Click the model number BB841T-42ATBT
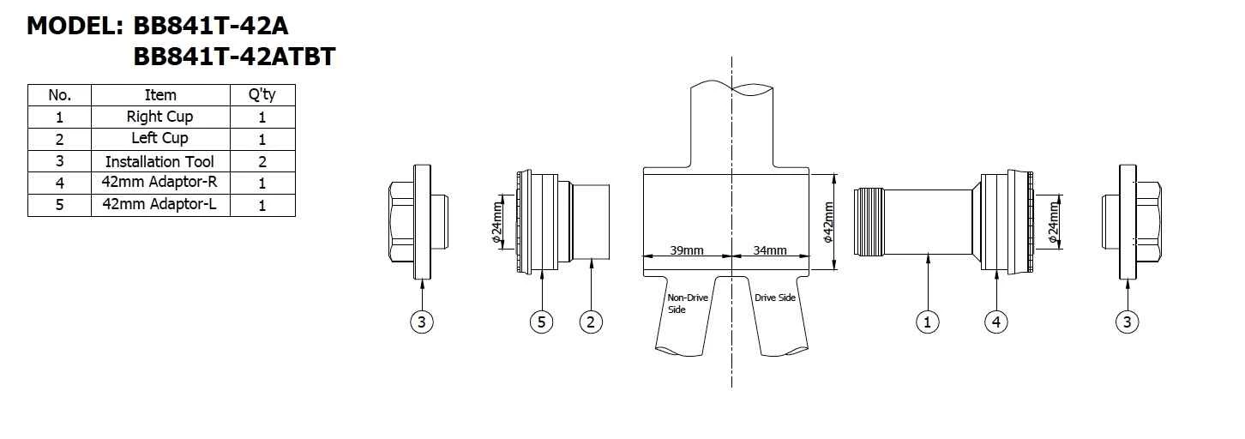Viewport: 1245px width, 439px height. pyautogui.click(x=234, y=57)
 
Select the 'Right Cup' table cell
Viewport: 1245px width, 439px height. pyautogui.click(x=160, y=117)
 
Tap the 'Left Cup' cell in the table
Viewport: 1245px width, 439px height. pyautogui.click(x=160, y=138)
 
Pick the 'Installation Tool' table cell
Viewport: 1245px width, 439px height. pyautogui.click(x=160, y=161)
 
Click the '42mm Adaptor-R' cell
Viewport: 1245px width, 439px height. pyautogui.click(x=160, y=183)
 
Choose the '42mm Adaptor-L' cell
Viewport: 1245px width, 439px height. pyautogui.click(x=160, y=205)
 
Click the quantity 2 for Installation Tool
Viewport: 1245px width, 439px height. pyautogui.click(x=262, y=162)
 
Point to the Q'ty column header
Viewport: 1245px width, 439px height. pyautogui.click(x=262, y=95)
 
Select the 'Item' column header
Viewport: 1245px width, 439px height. pyautogui.click(x=160, y=95)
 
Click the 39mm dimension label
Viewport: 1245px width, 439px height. pyautogui.click(x=687, y=250)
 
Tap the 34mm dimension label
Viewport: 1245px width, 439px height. pyautogui.click(x=770, y=250)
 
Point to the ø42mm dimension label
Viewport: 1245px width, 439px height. pyautogui.click(x=828, y=222)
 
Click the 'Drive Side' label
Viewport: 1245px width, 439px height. pyautogui.click(x=775, y=298)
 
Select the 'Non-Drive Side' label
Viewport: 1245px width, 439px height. pyautogui.click(x=688, y=304)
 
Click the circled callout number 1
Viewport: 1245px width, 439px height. pyautogui.click(x=927, y=322)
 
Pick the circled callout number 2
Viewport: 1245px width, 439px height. pyautogui.click(x=591, y=322)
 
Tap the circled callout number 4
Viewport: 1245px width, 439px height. pyautogui.click(x=996, y=322)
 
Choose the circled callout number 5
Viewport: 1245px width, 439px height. pyautogui.click(x=541, y=322)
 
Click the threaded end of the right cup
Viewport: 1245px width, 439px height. pyautogui.click(x=869, y=222)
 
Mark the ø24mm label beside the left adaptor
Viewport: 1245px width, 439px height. pyautogui.click(x=497, y=223)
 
